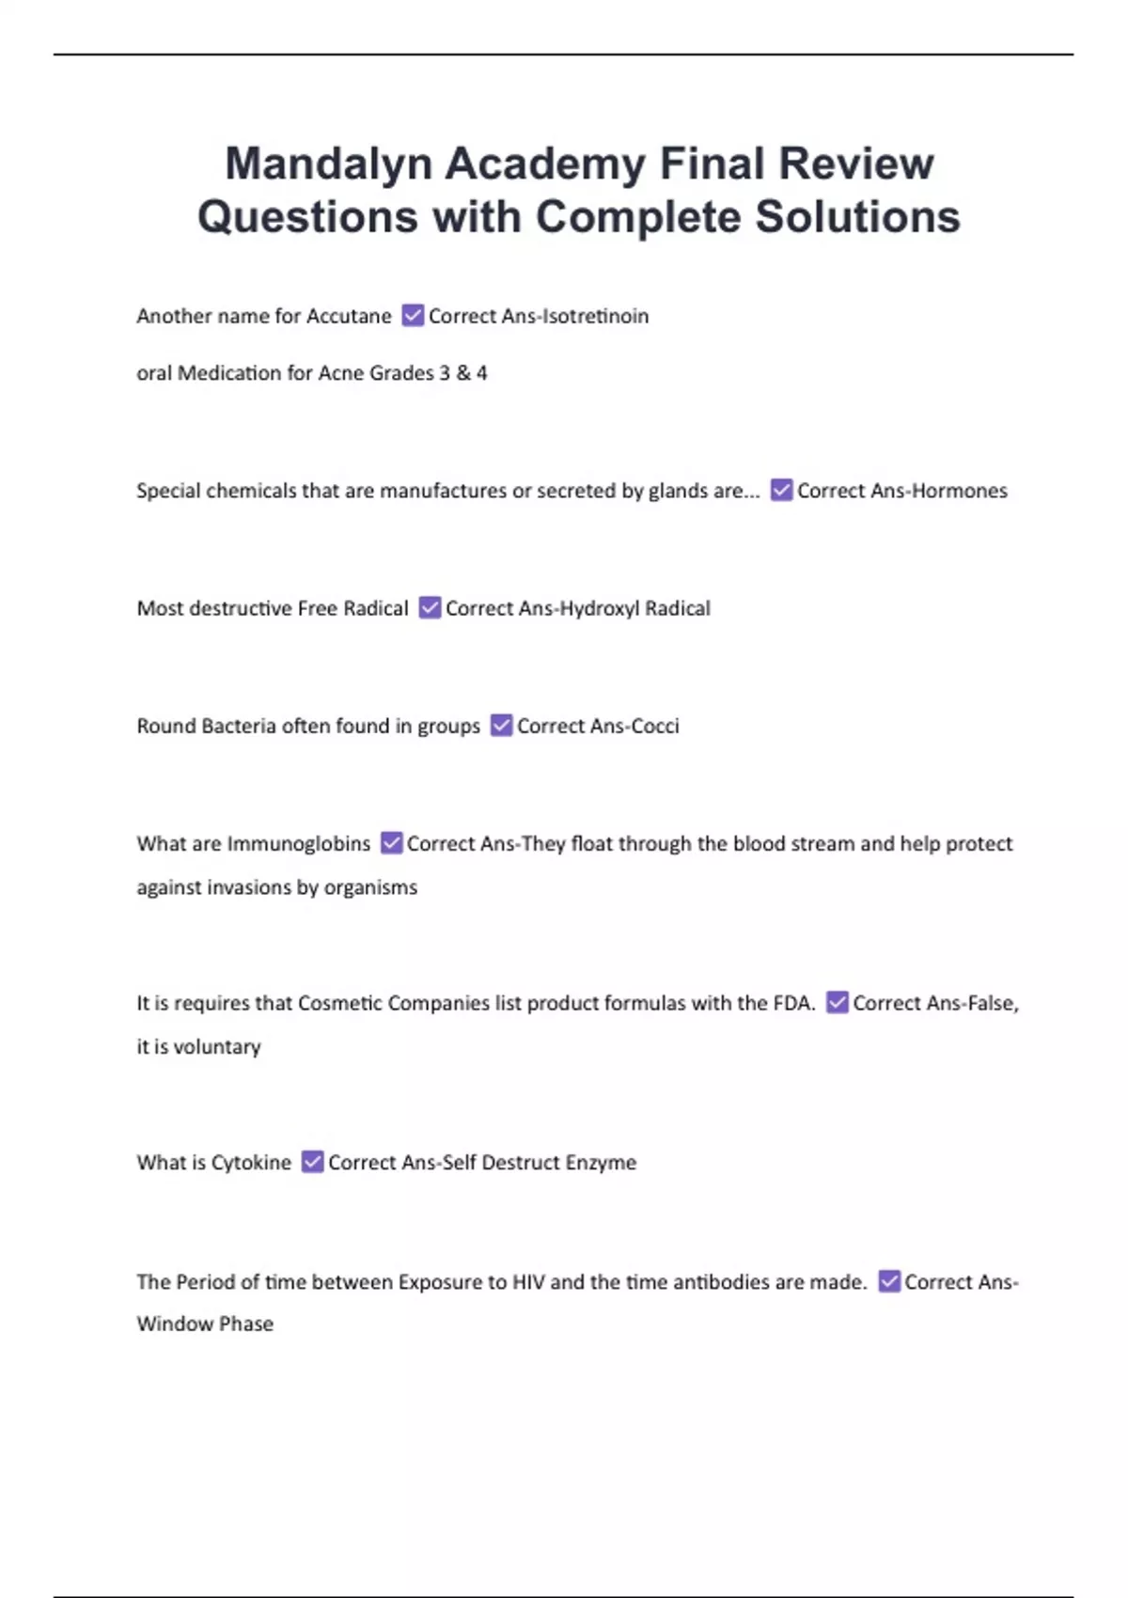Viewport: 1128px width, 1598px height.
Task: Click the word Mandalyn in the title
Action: click(x=327, y=164)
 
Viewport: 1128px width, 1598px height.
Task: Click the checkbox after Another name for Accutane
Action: click(x=412, y=315)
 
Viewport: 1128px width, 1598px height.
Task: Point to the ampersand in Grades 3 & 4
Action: click(x=462, y=373)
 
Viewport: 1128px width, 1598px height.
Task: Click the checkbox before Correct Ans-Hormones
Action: click(x=781, y=490)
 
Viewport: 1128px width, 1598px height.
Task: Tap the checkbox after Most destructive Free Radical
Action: click(x=430, y=607)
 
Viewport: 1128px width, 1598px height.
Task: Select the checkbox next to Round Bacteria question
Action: click(x=501, y=725)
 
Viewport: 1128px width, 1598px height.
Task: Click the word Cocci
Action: click(x=655, y=726)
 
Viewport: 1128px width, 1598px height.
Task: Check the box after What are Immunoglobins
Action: click(x=391, y=843)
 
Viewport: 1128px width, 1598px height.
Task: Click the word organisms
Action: click(x=370, y=887)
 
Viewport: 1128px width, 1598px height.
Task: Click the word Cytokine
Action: click(x=252, y=1163)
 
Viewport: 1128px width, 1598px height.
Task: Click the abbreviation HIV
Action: click(x=528, y=1282)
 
